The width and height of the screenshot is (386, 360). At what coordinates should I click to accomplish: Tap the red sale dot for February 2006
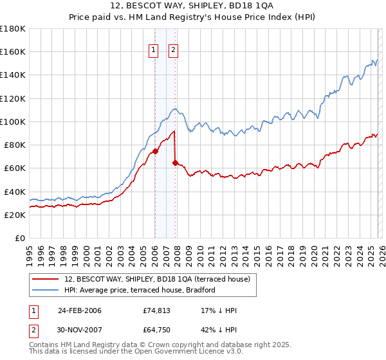[x=155, y=151]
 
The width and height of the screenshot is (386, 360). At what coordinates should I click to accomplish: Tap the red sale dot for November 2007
[x=175, y=163]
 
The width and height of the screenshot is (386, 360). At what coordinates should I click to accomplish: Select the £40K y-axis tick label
[x=14, y=192]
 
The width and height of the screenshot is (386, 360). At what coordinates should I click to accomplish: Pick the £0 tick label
[x=20, y=239]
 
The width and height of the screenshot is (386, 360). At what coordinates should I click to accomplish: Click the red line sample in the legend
[x=46, y=279]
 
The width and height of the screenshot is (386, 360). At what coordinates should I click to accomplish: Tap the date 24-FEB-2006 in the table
[x=80, y=310]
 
